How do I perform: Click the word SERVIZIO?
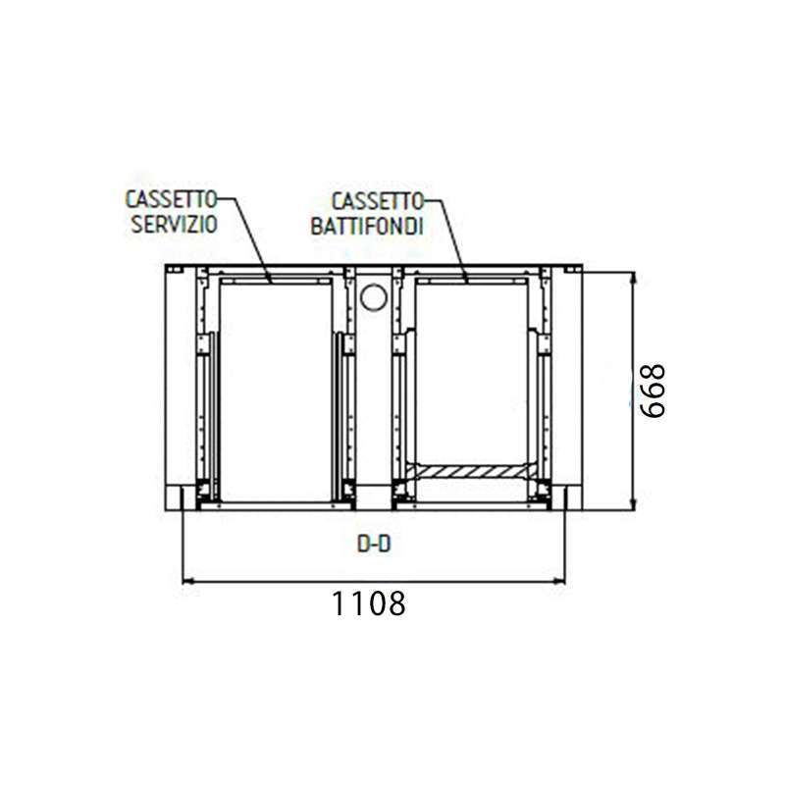[174, 225]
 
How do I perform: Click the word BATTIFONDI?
[367, 227]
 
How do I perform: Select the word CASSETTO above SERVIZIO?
[171, 199]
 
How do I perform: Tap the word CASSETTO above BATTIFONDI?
[378, 202]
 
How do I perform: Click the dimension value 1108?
[369, 603]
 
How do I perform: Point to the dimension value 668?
[654, 391]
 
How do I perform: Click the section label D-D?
[374, 545]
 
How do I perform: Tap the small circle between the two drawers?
[374, 297]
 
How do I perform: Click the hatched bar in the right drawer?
[471, 471]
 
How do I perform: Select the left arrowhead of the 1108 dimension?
[187, 581]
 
